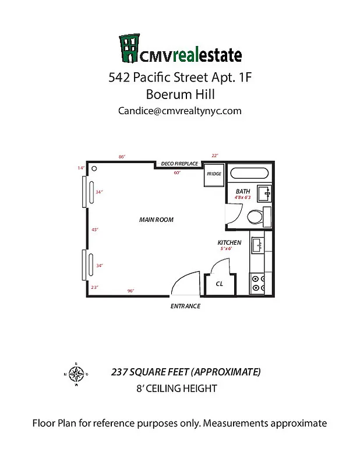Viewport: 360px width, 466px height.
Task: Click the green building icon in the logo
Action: click(x=129, y=48)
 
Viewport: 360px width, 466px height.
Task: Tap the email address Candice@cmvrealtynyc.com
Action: click(x=179, y=110)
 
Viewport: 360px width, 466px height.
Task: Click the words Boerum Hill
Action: click(x=179, y=93)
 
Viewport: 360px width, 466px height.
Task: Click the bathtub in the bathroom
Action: click(x=249, y=174)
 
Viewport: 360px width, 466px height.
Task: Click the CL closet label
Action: click(x=220, y=284)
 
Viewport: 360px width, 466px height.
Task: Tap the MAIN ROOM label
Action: click(x=156, y=220)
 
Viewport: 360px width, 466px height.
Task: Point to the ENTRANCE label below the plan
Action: click(x=185, y=306)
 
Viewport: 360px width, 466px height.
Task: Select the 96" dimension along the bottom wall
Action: click(x=130, y=291)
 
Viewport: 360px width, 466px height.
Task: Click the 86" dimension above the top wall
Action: click(x=122, y=156)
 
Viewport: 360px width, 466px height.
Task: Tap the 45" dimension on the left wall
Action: click(x=95, y=230)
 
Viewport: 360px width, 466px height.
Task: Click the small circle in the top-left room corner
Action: click(x=93, y=169)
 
